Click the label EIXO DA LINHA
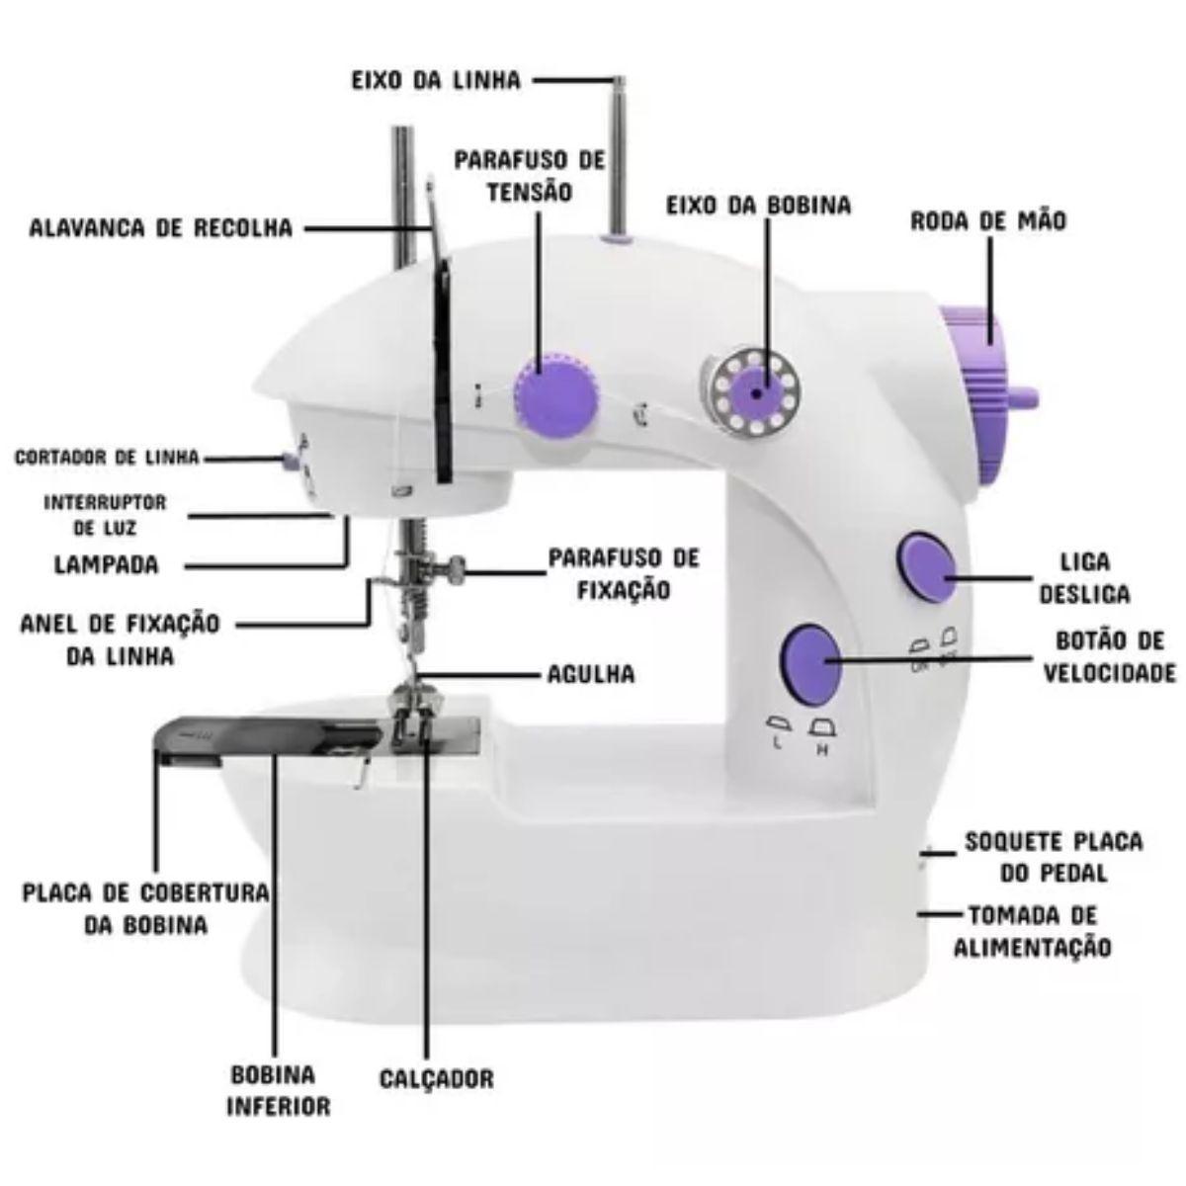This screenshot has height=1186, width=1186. coord(437,81)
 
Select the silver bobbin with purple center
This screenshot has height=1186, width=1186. coord(754,394)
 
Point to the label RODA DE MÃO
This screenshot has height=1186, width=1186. coord(987,221)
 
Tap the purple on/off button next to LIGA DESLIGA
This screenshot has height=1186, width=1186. coord(927,567)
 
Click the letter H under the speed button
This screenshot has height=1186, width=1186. coord(822,751)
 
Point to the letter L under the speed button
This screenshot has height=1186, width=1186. coord(777,744)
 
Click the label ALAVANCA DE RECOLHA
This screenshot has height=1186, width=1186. coord(161,228)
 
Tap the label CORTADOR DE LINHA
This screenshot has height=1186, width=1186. coord(107,458)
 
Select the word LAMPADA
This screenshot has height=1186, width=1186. coord(107,564)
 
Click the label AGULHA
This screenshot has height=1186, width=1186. coord(591,675)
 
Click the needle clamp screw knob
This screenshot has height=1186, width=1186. coord(456,570)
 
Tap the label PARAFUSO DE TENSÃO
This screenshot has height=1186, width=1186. coord(530,177)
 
